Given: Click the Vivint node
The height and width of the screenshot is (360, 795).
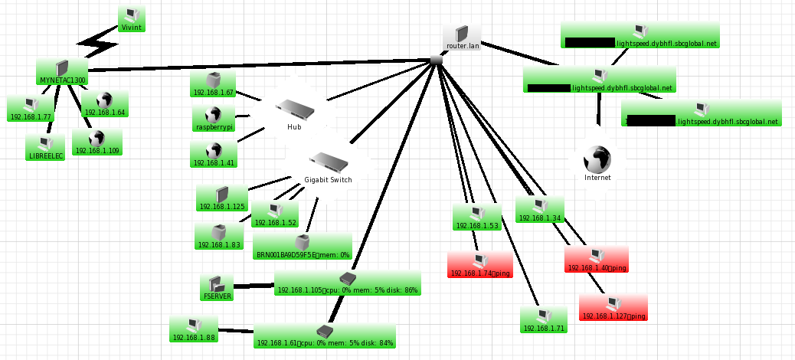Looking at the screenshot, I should (132, 19).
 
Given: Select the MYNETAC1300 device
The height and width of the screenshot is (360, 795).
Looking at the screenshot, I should (62, 73).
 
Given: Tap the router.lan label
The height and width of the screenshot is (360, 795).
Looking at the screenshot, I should (462, 46).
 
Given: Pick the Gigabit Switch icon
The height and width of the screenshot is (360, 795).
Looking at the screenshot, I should (329, 162).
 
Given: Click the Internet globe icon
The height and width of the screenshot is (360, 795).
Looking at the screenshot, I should (597, 158).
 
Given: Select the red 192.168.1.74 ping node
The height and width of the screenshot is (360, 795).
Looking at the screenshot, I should (480, 265).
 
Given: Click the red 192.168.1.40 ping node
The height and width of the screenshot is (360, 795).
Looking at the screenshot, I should (596, 260).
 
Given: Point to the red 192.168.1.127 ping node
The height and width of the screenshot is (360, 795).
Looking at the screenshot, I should (613, 308).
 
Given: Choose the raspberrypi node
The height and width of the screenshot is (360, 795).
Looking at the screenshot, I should (214, 119).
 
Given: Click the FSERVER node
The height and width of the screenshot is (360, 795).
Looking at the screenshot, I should (217, 288).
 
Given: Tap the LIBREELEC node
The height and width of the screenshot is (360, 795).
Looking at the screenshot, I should (45, 148).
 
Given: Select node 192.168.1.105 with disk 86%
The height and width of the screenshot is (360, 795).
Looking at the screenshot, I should (347, 283).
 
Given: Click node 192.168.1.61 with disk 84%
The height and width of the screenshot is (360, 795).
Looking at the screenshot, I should (325, 336).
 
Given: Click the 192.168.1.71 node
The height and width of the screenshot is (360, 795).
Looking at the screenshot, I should (543, 320).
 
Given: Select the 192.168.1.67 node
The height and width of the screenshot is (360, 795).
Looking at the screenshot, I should (212, 84).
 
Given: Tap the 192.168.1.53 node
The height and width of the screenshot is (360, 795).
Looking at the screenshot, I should (476, 218).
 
